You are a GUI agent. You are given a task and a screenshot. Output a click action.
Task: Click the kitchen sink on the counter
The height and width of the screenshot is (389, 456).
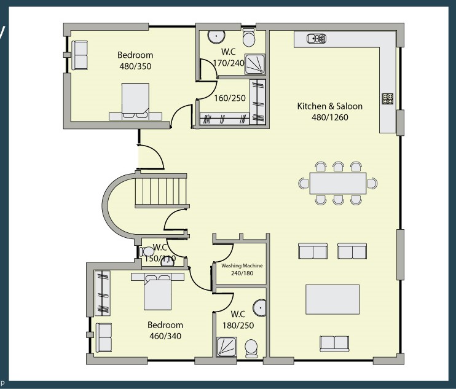[316, 38]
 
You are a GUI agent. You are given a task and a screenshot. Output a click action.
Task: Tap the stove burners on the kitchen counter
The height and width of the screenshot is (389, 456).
[388, 98]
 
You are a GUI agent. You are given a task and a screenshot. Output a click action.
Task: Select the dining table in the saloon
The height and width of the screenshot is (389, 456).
[338, 183]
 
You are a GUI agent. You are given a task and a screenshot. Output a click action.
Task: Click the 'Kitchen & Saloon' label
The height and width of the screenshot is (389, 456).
[330, 106]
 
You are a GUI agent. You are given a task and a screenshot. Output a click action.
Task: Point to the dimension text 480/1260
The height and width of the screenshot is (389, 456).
[330, 117]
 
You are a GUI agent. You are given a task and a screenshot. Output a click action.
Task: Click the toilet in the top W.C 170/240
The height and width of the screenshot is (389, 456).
[249, 37]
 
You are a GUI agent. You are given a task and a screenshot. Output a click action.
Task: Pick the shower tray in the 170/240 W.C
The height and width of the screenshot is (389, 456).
[255, 64]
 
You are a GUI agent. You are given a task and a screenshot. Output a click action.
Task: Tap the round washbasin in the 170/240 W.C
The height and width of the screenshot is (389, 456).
[216, 36]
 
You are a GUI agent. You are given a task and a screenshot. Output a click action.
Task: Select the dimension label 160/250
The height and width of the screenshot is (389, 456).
[230, 98]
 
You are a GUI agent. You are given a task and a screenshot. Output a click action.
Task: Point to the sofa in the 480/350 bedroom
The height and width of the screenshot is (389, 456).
[79, 55]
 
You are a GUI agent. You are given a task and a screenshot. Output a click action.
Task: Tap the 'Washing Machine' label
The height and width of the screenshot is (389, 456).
[242, 265]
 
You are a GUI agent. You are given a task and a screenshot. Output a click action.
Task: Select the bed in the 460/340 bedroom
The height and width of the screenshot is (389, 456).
[157, 291]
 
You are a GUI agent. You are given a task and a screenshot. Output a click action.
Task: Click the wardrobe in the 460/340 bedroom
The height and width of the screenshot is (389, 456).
[103, 293]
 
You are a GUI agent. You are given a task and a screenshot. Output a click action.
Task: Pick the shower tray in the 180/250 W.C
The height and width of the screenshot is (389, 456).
[227, 347]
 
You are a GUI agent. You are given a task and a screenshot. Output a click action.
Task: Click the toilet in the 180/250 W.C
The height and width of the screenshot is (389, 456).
[251, 348]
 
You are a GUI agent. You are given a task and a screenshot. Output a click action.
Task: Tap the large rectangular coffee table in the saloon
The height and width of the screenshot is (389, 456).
[332, 299]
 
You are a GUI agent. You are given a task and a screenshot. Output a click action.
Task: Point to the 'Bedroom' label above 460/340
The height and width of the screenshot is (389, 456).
[165, 324]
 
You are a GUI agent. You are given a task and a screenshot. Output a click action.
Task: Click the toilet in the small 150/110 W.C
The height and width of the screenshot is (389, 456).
[147, 251]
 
